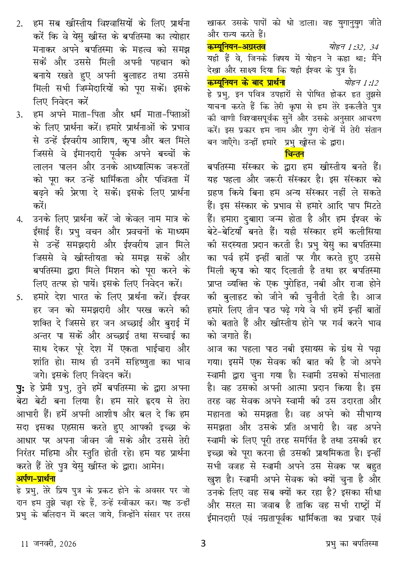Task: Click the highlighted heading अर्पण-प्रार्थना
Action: [x=36, y=466]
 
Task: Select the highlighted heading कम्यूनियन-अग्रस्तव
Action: [x=236, y=47]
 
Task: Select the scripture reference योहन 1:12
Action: [x=361, y=82]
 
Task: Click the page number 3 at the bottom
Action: [x=203, y=543]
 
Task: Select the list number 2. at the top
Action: [x=19, y=24]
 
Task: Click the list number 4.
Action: [x=19, y=220]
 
